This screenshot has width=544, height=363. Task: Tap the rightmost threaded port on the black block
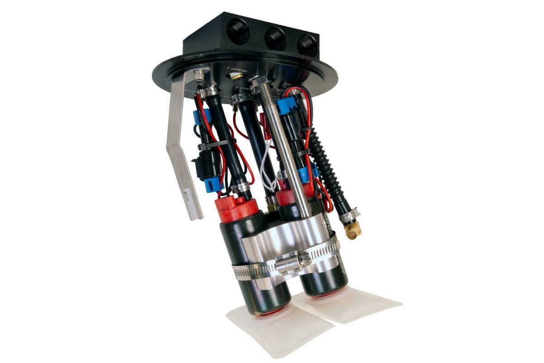307,45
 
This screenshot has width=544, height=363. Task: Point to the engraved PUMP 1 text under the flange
236,70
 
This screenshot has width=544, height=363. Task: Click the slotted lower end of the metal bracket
191,204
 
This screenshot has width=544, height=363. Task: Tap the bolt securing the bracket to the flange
199,74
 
